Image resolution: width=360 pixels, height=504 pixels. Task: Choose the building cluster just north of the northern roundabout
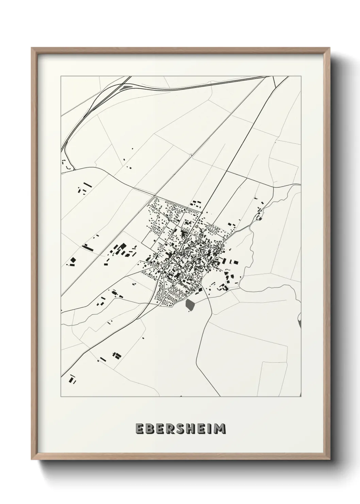coord(196,204)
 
